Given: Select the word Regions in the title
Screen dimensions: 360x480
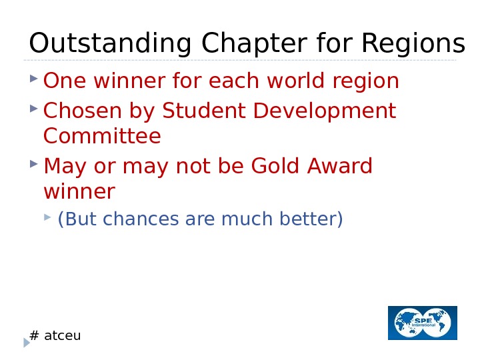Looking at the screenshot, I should [412, 44].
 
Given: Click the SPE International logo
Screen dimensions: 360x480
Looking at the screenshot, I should [423, 323].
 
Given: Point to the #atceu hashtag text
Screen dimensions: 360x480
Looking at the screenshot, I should [56, 335].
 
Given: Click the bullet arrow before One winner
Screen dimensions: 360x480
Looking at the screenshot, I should [33, 79].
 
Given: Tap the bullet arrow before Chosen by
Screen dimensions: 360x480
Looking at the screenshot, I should [33, 107].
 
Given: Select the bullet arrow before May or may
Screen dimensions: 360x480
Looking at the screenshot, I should [33, 163].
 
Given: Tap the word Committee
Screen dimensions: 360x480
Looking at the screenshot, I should [102, 137].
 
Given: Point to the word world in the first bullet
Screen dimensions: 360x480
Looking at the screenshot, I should [301, 81].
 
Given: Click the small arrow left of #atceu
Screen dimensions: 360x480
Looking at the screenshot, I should [27, 342].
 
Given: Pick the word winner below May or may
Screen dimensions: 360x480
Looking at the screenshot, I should [79, 192].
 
